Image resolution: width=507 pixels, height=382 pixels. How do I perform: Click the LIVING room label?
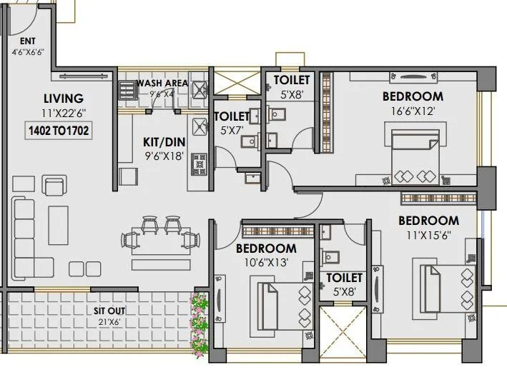click(63, 99)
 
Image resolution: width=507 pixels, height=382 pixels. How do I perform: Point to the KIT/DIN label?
click(164, 141)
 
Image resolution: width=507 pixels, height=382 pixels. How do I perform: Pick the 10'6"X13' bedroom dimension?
click(266, 262)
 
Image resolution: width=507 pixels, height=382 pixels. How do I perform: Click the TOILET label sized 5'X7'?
click(232, 116)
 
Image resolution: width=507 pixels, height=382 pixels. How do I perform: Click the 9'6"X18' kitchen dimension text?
click(164, 155)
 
